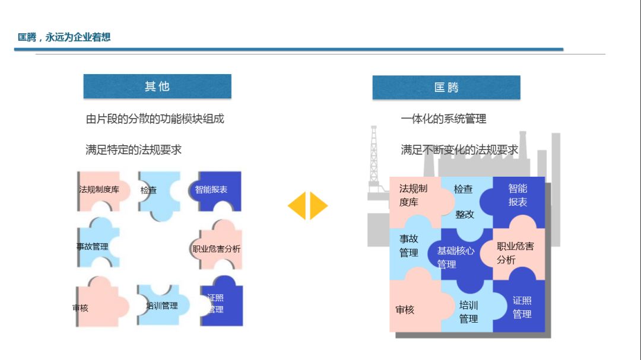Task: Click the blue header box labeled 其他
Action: [157, 87]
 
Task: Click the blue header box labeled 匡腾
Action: [446, 88]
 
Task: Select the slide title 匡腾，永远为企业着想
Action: [64, 37]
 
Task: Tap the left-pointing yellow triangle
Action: [297, 206]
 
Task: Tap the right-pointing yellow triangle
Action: [318, 206]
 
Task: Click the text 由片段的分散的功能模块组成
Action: [155, 119]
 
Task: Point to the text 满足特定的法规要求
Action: [134, 149]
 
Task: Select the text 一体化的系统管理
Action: [443, 119]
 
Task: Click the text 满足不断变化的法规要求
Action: [459, 149]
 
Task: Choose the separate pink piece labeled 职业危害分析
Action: [217, 249]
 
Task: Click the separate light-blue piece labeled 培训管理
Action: [162, 305]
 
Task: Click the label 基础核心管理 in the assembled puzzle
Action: [455, 257]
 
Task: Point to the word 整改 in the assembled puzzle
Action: [465, 214]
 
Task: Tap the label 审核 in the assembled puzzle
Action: [405, 310]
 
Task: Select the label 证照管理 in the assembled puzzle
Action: [522, 307]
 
